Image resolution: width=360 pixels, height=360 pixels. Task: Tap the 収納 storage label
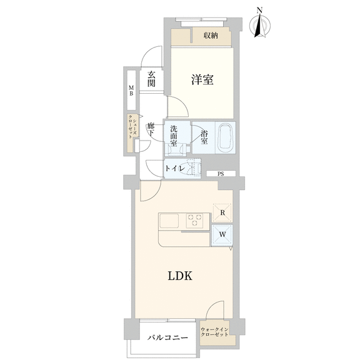coord(211,36)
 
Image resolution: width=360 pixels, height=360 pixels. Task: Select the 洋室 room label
coord(202,79)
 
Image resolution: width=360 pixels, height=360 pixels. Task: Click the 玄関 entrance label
coord(151,79)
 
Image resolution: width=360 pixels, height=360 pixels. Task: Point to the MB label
coord(131,90)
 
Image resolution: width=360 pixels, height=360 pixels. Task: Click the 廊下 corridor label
coord(151,130)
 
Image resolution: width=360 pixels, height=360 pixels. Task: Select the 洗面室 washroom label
coord(174,136)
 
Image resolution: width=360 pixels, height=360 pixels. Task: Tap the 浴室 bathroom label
coord(204,137)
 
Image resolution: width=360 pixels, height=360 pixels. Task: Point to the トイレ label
coord(175,169)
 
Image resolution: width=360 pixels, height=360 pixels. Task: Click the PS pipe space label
coord(221,174)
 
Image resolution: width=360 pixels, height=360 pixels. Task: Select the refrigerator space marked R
coord(222,212)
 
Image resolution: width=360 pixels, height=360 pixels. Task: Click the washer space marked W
coord(222,235)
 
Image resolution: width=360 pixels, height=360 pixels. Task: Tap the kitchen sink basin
coord(169,221)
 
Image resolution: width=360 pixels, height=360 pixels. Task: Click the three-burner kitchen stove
coord(195,221)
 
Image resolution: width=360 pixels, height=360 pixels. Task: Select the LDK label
coord(180,276)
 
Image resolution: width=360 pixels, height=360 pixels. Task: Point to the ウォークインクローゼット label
coord(214,332)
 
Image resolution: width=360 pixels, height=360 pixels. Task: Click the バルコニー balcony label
coord(167,337)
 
